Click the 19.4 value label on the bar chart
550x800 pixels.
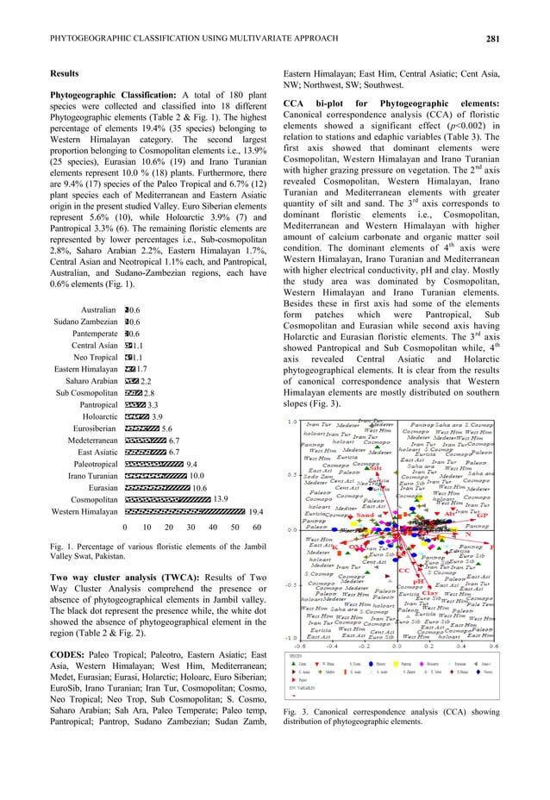tap(256, 511)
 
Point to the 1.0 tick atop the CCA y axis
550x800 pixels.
tap(292, 422)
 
